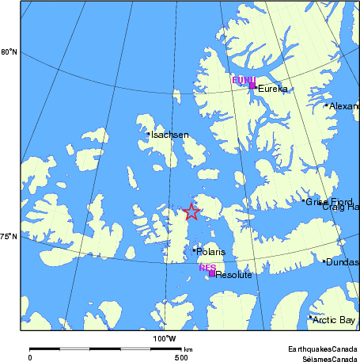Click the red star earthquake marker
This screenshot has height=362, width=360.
[191, 211]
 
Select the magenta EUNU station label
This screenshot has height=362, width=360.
[243, 80]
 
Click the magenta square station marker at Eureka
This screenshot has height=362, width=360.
[252, 85]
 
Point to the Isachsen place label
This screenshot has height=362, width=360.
[170, 135]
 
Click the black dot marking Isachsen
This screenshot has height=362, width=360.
[148, 133]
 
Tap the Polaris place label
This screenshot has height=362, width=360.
[211, 252]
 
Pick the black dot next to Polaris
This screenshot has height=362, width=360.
[194, 250]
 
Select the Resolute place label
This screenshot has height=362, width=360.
[233, 275]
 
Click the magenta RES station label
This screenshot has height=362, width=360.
[207, 268]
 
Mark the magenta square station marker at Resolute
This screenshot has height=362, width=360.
[211, 273]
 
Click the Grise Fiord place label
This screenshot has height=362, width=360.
[329, 202]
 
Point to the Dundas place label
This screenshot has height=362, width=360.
[343, 262]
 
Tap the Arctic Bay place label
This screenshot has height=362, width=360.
[334, 320]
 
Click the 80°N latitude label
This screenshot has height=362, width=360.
[9, 53]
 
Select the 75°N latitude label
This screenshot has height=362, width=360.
[9, 236]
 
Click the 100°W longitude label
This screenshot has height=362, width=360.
[165, 339]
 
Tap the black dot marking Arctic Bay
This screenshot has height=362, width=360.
[310, 318]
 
